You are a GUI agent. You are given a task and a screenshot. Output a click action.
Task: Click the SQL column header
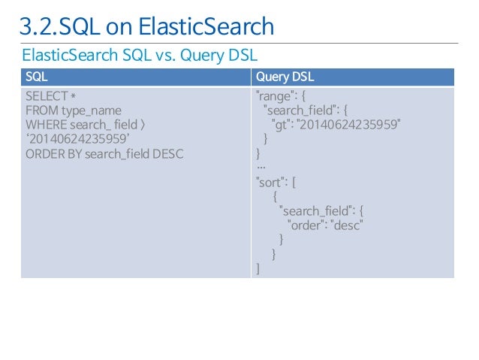click(x=37, y=77)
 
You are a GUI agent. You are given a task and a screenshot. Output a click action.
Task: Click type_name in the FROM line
click(x=91, y=110)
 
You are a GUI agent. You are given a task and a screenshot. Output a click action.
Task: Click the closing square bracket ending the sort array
click(x=258, y=268)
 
